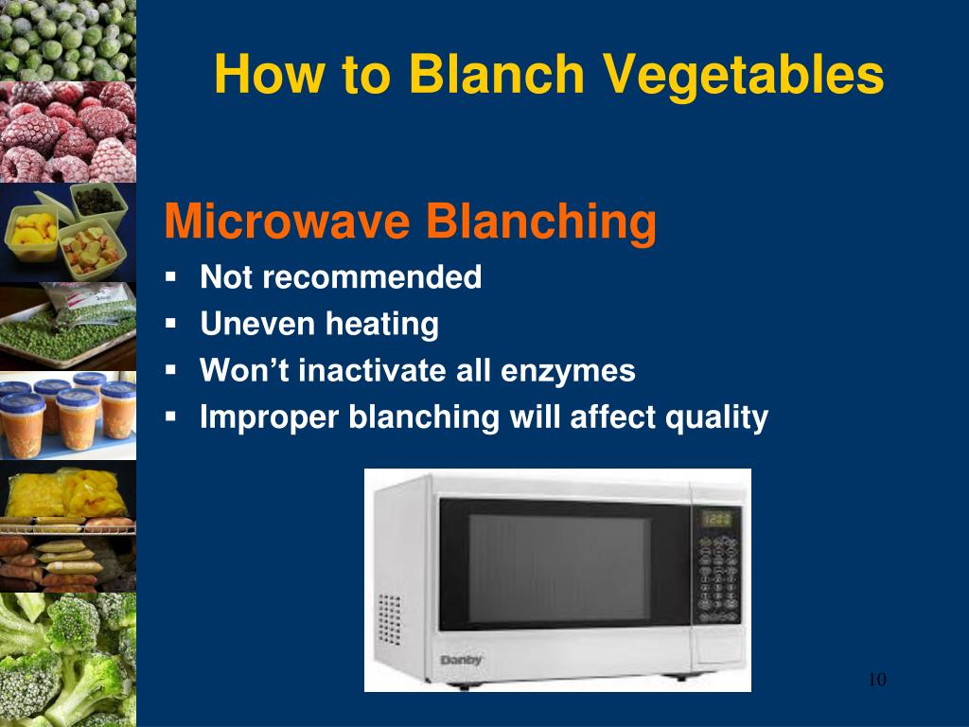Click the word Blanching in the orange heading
click(540, 222)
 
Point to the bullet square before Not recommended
click(171, 277)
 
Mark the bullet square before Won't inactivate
click(171, 369)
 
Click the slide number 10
click(876, 680)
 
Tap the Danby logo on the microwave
click(462, 659)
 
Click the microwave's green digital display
click(719, 519)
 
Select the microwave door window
click(558, 568)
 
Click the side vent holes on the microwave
click(390, 620)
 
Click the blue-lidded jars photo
click(68, 413)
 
